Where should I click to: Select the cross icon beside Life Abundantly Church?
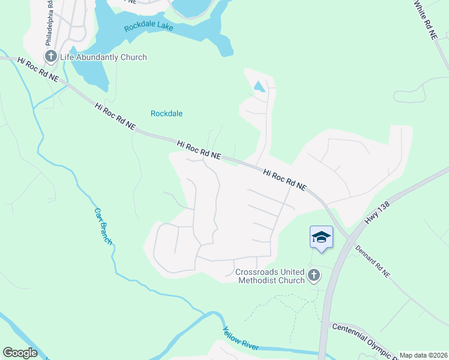(x=50, y=57)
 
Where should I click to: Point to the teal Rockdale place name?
(x=166, y=113)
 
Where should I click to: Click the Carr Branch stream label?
(x=103, y=226)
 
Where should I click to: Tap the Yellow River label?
(x=240, y=340)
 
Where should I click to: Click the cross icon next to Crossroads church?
(x=313, y=275)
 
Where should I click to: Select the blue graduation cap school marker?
(x=321, y=238)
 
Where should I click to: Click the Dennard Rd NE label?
(x=372, y=261)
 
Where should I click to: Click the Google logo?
(x=20, y=353)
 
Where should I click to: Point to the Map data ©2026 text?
(x=423, y=355)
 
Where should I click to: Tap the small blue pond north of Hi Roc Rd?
(x=260, y=86)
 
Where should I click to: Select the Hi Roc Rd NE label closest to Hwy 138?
(x=285, y=179)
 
